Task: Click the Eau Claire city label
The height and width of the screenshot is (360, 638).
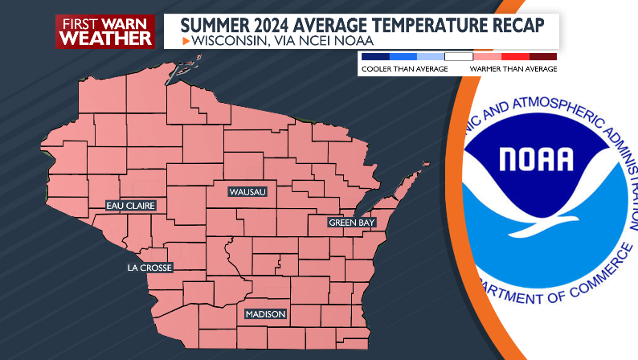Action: (x=131, y=206)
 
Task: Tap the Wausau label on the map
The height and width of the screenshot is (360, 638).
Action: (x=247, y=192)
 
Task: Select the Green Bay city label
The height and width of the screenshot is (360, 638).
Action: (x=352, y=223)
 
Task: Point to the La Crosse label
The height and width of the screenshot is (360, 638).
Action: (x=149, y=268)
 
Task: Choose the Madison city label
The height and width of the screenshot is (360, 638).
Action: (x=265, y=314)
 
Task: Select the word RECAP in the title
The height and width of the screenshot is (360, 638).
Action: (x=515, y=25)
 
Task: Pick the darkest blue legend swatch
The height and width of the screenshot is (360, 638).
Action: (x=375, y=56)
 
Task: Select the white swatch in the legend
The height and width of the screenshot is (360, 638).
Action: (x=459, y=56)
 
